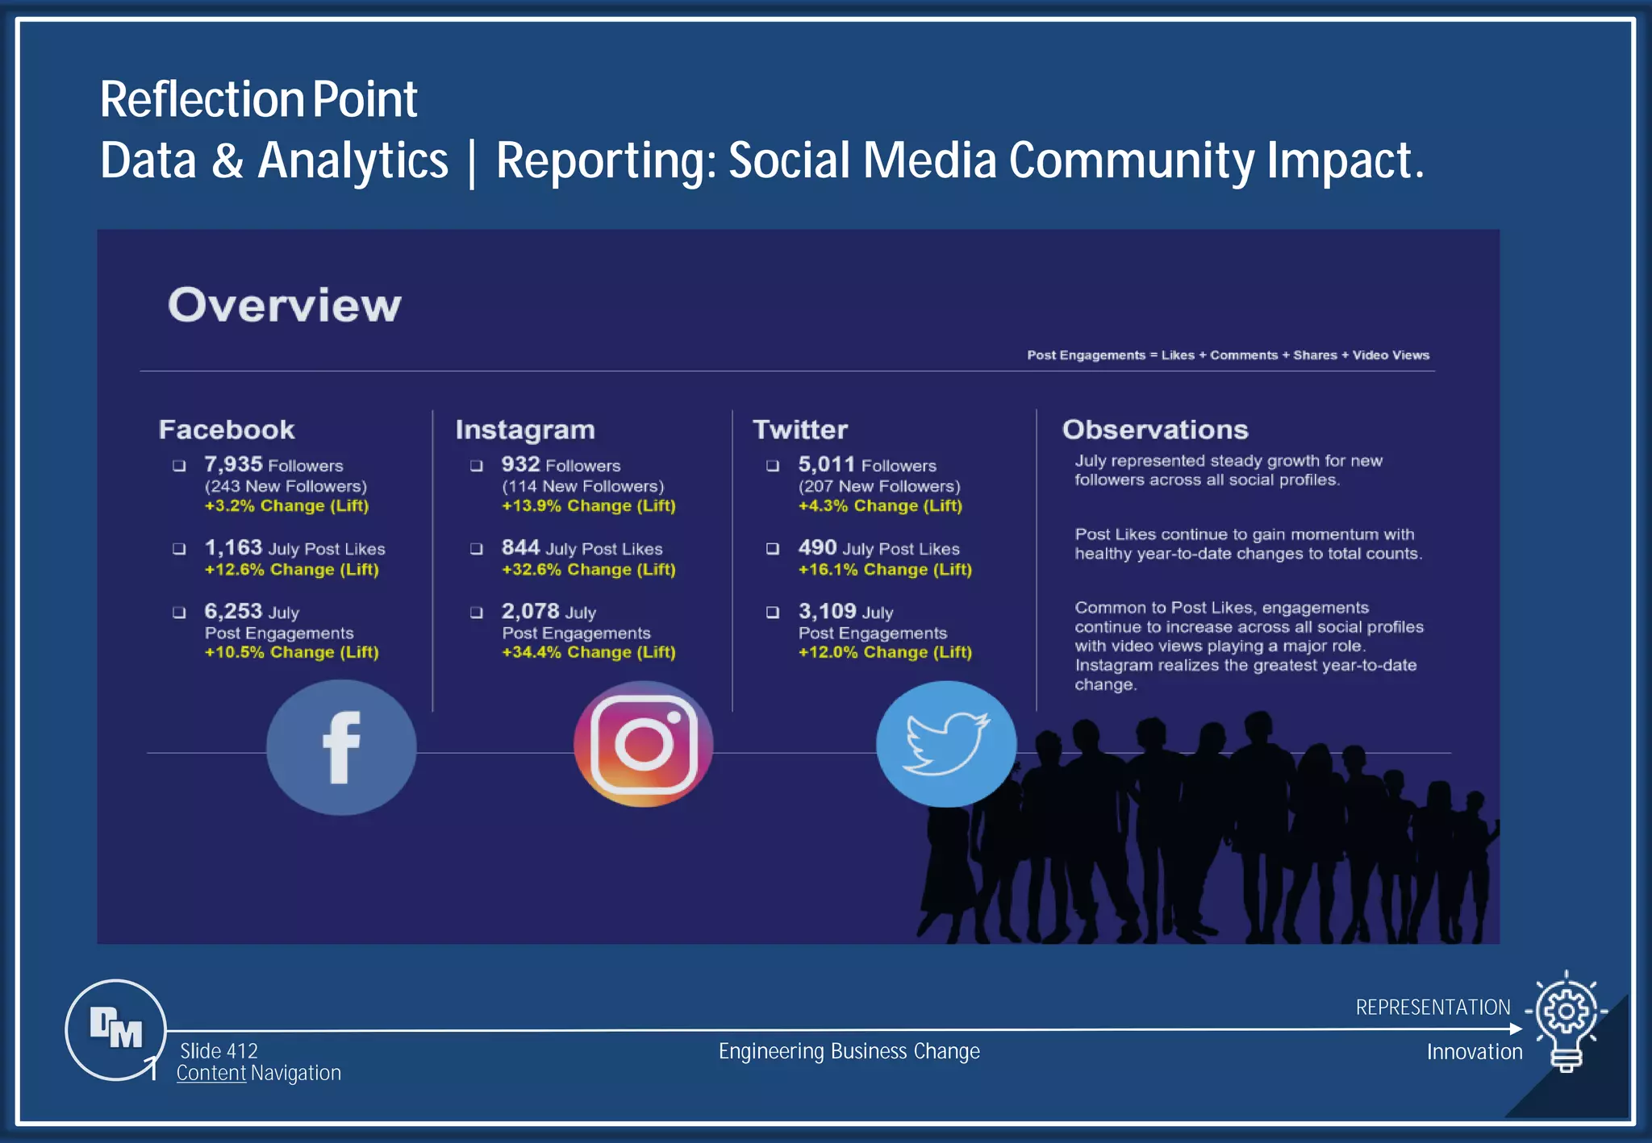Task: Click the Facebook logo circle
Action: (x=341, y=747)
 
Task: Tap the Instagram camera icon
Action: (x=644, y=744)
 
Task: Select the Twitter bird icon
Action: (x=945, y=743)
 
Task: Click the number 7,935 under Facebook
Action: (x=233, y=464)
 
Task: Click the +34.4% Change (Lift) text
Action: (x=588, y=652)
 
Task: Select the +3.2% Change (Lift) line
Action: (x=286, y=506)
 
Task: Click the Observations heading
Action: (x=1154, y=430)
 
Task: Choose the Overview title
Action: (x=284, y=305)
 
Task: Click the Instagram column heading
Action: (x=524, y=430)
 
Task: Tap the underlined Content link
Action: (x=211, y=1073)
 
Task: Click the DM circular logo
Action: (x=116, y=1029)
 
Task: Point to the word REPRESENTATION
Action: (x=1433, y=1008)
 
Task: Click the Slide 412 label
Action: (x=219, y=1051)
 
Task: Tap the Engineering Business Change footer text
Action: (x=849, y=1051)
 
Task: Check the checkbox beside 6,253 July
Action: (x=179, y=613)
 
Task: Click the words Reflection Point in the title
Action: (x=258, y=100)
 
